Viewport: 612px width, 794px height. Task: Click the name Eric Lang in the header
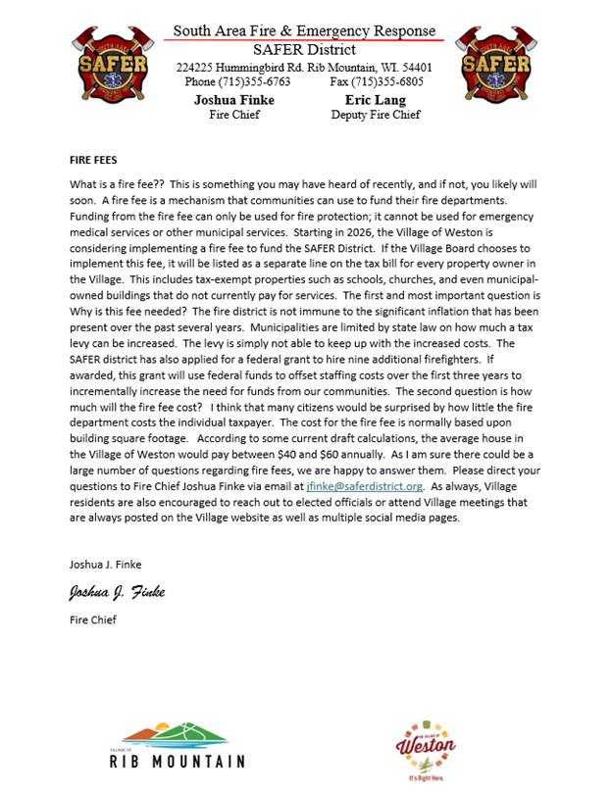(376, 100)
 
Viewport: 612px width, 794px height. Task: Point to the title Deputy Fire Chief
(376, 115)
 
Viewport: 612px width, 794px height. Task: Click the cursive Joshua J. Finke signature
(116, 592)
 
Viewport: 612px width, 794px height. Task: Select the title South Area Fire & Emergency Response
(304, 31)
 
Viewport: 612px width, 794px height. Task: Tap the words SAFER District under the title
(304, 49)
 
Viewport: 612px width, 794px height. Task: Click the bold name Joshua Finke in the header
(233, 100)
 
